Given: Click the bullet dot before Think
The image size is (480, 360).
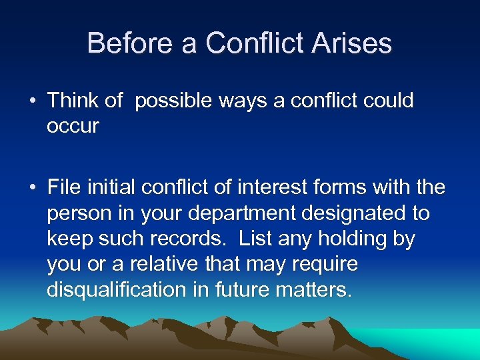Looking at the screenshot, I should pos(33,101).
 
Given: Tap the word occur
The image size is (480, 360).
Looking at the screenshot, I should pos(73,127).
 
